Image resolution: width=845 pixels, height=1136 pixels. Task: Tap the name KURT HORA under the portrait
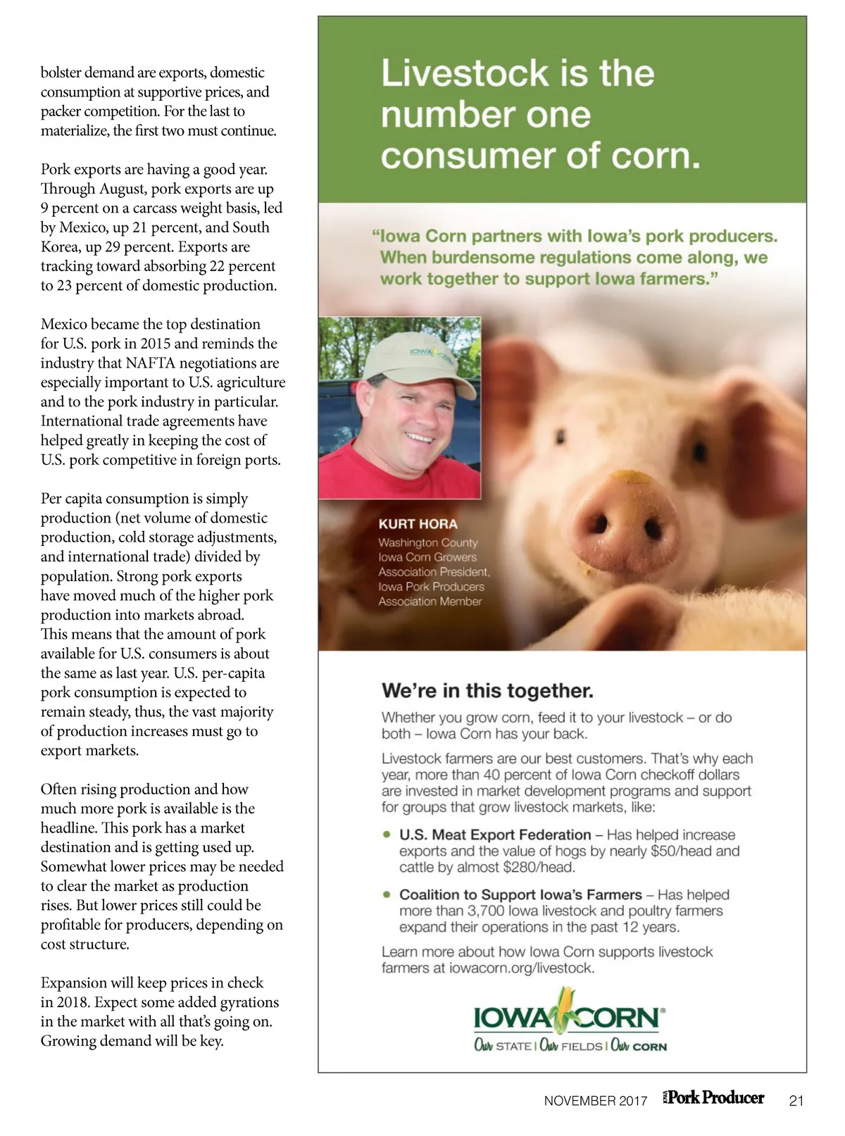pyautogui.click(x=418, y=524)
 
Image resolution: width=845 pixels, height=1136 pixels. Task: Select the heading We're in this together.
pyautogui.click(x=487, y=690)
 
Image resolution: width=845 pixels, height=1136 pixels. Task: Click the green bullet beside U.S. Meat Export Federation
pyautogui.click(x=387, y=835)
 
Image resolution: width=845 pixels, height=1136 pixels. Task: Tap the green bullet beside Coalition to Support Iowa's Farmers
pyautogui.click(x=387, y=894)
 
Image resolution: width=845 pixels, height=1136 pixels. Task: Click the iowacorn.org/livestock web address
pyautogui.click(x=522, y=968)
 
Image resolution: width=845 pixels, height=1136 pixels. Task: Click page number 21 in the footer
pyautogui.click(x=796, y=1101)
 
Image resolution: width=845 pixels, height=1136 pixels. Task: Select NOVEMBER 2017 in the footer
pyautogui.click(x=595, y=1101)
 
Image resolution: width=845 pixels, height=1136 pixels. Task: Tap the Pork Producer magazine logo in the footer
pyautogui.click(x=714, y=1098)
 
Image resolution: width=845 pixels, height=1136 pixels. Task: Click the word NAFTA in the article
pyautogui.click(x=151, y=363)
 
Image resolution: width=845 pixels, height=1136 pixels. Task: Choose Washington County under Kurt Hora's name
pyautogui.click(x=427, y=543)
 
